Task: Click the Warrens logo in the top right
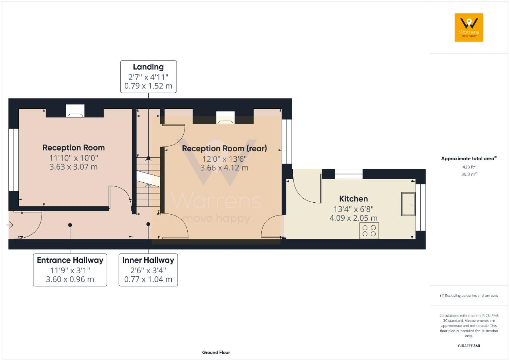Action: point(469,27)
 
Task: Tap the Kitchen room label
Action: point(353,199)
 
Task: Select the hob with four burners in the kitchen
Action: point(369,231)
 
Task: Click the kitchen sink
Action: point(408,204)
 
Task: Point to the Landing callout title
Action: point(148,67)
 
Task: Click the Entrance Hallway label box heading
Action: point(70,260)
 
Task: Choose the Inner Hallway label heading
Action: point(148,260)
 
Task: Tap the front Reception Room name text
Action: point(74,148)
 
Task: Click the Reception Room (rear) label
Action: point(224,149)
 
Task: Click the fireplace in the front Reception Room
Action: point(75,111)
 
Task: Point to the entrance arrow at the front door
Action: point(10,225)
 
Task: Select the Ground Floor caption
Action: point(216,352)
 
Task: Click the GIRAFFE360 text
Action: point(469,346)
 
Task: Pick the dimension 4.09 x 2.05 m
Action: point(353,218)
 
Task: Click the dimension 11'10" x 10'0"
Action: point(74,158)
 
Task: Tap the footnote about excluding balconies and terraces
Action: point(469,295)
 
